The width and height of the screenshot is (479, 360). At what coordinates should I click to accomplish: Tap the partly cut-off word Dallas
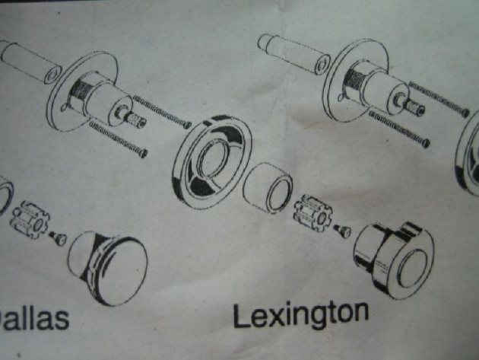(x=34, y=317)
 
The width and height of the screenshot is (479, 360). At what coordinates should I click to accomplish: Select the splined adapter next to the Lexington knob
(x=312, y=212)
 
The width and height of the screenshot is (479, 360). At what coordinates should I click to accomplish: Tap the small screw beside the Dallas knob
(x=58, y=239)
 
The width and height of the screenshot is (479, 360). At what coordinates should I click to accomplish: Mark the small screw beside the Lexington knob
(x=341, y=228)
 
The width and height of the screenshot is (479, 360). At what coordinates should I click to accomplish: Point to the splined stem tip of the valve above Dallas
(x=135, y=120)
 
